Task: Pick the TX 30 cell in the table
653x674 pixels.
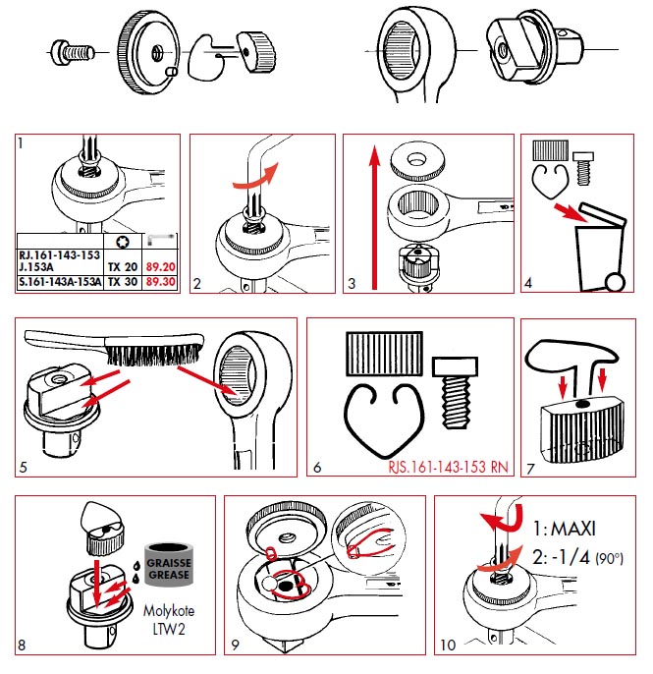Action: [121, 281]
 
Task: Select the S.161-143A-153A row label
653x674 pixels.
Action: [61, 281]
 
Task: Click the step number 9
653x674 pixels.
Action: [235, 645]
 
